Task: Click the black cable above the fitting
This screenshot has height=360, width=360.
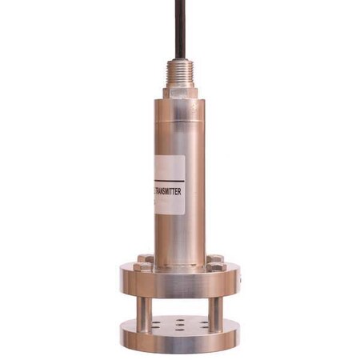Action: [x=181, y=28]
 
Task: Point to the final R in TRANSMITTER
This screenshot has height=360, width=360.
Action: [x=183, y=192]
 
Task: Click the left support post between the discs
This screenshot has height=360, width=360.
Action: [x=143, y=310]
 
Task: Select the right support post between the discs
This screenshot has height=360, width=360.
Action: [x=214, y=310]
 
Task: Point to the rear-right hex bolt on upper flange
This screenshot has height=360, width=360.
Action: [x=213, y=258]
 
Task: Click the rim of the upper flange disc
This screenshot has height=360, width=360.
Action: [x=179, y=286]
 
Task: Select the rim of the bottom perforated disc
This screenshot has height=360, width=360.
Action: [x=179, y=340]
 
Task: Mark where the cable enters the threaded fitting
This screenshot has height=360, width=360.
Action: [x=181, y=59]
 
